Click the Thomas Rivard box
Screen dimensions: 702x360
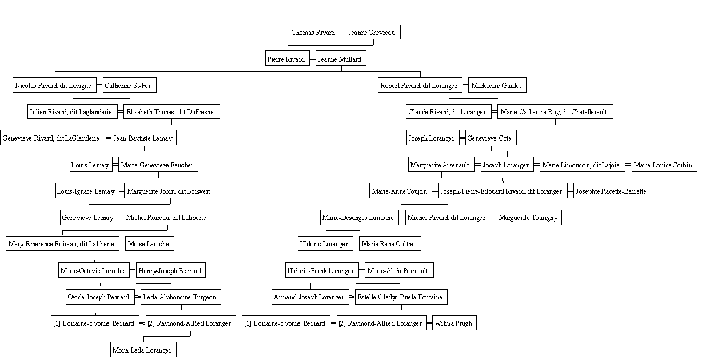coord(314,32)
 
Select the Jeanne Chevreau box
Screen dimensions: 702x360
coord(373,32)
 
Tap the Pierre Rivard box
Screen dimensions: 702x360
coord(288,58)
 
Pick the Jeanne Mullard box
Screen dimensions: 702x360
coord(341,58)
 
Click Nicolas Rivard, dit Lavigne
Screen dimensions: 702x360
coord(54,85)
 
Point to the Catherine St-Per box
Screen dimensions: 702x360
coord(129,85)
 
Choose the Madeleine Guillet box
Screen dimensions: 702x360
coord(497,85)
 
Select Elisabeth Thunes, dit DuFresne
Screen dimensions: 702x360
coord(171,111)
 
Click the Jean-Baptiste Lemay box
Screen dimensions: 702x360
coord(143,138)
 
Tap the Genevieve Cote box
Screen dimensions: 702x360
coord(491,138)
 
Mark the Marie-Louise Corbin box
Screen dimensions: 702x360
coord(664,165)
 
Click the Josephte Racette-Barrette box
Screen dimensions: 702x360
coord(613,191)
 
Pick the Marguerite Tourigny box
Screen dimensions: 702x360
coord(529,218)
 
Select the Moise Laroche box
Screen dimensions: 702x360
coord(149,243)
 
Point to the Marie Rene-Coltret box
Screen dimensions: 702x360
coord(390,243)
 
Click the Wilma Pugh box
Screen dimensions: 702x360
coord(454,323)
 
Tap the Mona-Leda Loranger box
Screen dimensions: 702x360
coord(143,349)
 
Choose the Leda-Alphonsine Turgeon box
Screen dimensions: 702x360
coord(181,297)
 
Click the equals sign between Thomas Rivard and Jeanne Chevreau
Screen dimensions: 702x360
coord(343,32)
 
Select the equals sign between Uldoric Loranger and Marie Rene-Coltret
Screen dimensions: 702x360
coord(356,244)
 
